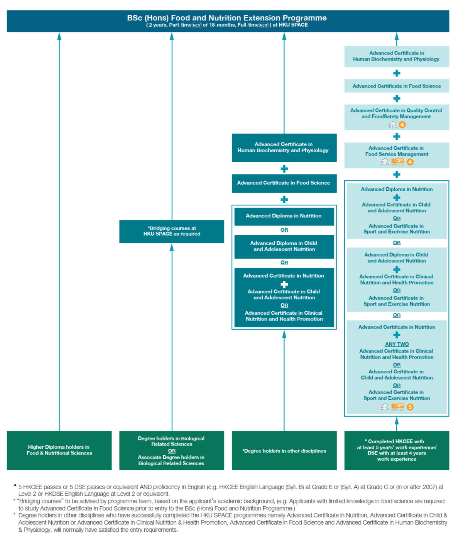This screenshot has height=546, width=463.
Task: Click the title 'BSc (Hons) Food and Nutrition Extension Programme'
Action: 227,18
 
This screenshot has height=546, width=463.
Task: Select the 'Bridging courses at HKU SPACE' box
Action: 172,231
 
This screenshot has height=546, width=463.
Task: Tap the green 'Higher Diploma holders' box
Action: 59,450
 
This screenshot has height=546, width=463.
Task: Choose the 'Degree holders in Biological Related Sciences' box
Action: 172,450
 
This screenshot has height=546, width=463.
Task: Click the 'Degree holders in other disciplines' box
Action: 284,451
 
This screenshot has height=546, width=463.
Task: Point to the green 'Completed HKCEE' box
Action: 397,450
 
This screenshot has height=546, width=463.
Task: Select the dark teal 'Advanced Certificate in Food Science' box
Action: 284,183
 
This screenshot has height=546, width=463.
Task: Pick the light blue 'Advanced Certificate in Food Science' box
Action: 397,86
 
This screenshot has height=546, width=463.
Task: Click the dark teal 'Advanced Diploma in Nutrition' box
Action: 284,216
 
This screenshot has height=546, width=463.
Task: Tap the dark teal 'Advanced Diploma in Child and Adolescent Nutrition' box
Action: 284,246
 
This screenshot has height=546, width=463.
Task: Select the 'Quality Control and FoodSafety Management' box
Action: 397,114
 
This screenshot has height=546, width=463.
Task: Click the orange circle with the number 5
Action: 410,407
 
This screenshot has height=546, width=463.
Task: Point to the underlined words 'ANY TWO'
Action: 397,344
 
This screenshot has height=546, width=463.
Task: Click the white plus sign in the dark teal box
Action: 284,284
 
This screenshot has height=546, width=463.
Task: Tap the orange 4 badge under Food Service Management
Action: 410,162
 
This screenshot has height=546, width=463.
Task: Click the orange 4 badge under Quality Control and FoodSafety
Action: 402,125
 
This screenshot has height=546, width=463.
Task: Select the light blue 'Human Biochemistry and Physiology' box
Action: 397,56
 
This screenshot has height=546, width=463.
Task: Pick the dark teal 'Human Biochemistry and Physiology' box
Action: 284,148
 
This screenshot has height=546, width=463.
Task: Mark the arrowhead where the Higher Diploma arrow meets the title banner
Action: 59,36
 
